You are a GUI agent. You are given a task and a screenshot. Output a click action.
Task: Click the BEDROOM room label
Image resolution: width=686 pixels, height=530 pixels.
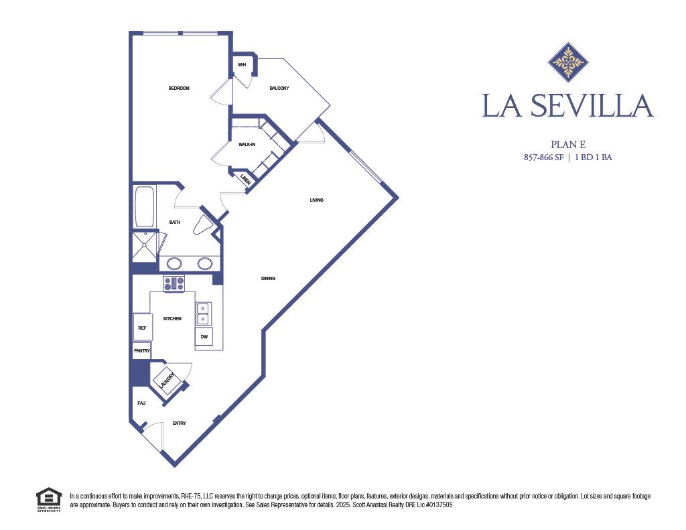(x=179, y=88)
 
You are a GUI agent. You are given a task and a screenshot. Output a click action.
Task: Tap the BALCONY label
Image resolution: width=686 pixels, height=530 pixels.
(x=279, y=88)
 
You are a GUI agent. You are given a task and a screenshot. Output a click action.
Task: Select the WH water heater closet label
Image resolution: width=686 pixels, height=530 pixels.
(x=242, y=65)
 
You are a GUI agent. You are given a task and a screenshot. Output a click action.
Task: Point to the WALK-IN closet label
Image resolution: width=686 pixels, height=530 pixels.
(x=247, y=144)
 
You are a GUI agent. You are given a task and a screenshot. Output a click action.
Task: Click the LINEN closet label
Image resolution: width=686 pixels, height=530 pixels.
(x=245, y=179)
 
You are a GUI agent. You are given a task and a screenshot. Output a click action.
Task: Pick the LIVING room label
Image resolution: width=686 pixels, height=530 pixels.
(x=317, y=200)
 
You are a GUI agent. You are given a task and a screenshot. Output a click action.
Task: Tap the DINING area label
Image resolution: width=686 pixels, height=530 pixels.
(x=268, y=279)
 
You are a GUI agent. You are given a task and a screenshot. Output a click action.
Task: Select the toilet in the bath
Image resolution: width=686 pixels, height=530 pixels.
(x=202, y=226)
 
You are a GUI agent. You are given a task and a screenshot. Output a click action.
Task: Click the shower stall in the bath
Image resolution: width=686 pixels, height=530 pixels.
(x=145, y=247)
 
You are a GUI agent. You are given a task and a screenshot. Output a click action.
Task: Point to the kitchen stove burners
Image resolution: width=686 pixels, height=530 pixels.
(x=174, y=283)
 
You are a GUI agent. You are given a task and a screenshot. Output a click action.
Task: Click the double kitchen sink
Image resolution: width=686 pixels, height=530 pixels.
(x=203, y=313)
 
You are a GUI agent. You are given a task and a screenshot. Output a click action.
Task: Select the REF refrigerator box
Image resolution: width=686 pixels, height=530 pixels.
(x=142, y=328)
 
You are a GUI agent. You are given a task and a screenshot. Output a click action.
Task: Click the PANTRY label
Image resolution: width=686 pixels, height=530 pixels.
(x=142, y=350)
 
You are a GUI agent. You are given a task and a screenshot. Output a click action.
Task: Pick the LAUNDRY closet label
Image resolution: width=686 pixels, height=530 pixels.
(x=167, y=381)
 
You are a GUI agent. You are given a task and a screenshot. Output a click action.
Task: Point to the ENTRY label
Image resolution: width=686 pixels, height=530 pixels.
(x=179, y=423)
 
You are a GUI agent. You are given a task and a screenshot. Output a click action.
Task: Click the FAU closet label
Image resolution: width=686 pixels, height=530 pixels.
(x=141, y=403)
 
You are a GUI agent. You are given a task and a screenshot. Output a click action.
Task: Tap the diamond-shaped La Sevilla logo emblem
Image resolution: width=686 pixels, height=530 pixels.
(x=568, y=62)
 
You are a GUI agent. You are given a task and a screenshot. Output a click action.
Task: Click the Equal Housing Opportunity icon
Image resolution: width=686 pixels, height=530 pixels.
(x=48, y=500)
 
